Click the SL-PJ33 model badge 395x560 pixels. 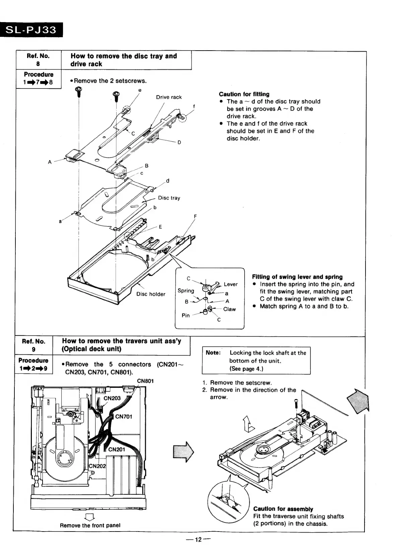[x=32, y=30]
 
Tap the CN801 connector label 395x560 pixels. [x=145, y=380]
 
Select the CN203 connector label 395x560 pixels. [x=112, y=398]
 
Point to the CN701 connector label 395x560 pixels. [x=124, y=417]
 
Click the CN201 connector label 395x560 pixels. [x=117, y=449]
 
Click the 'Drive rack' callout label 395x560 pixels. [x=169, y=97]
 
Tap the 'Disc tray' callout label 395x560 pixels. [x=169, y=198]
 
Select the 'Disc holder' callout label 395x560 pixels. [x=151, y=294]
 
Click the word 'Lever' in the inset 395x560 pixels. [x=231, y=284]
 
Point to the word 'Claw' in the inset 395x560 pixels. [x=229, y=309]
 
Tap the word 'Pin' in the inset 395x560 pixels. [x=186, y=316]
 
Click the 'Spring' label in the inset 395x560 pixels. [x=186, y=291]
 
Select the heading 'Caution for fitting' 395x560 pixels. [x=244, y=94]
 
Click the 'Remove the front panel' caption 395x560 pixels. [x=90, y=525]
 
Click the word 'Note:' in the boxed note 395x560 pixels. [x=213, y=353]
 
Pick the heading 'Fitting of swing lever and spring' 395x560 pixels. [x=297, y=277]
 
